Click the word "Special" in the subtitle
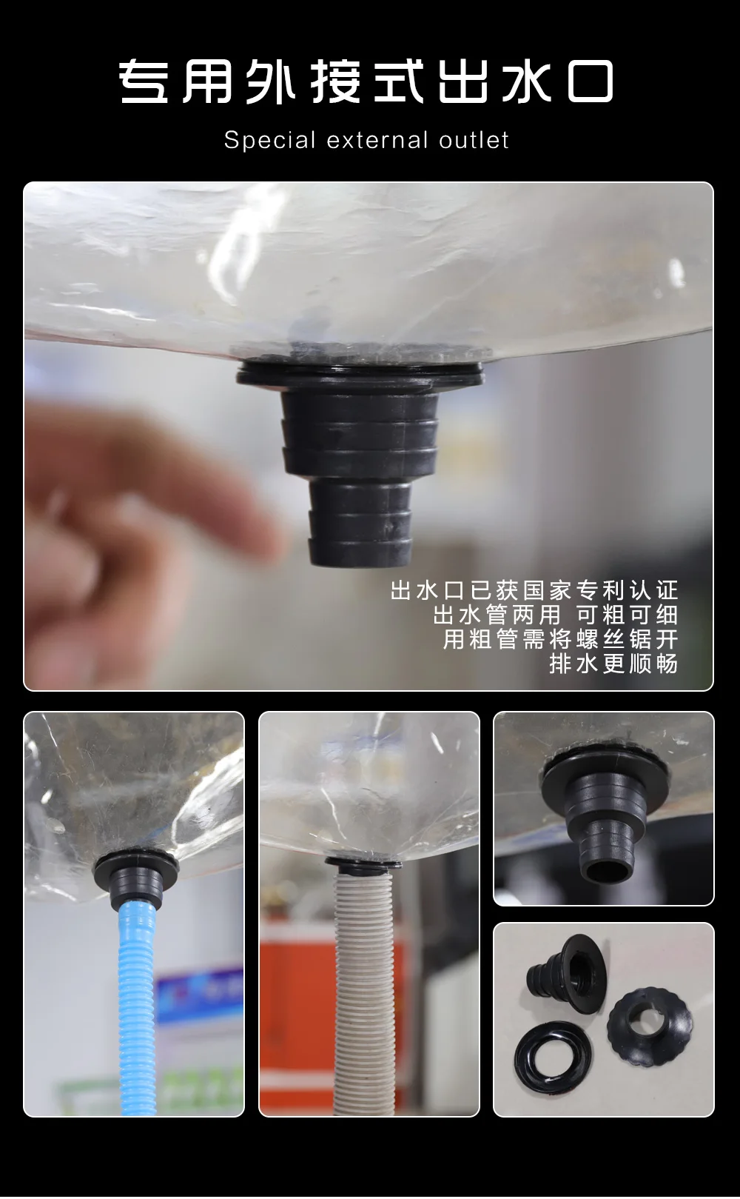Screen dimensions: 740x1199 (x=270, y=141)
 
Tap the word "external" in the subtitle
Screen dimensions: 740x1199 (x=377, y=140)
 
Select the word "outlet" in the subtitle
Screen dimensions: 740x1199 (x=474, y=140)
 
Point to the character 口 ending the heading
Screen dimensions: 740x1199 (x=591, y=82)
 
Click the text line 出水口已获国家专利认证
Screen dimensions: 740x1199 (x=534, y=590)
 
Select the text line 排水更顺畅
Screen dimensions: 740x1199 (x=613, y=664)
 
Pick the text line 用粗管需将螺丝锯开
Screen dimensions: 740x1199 (x=561, y=639)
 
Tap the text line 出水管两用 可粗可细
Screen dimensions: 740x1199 (x=556, y=615)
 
